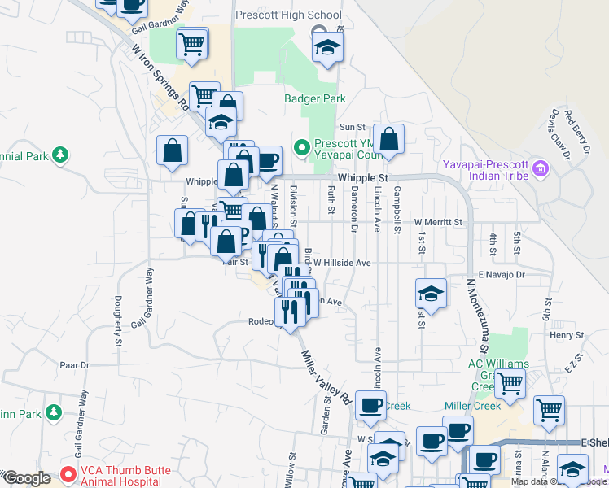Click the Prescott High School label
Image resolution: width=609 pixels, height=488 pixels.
(x=288, y=15)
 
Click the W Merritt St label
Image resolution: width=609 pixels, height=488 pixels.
(x=438, y=221)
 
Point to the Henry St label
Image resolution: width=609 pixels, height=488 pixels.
(x=567, y=334)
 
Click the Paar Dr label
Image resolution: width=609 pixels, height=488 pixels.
(x=73, y=365)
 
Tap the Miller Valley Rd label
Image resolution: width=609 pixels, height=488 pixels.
(x=326, y=379)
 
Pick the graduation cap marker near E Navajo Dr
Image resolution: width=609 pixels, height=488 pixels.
(x=432, y=294)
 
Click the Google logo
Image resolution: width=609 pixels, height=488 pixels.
(x=28, y=478)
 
